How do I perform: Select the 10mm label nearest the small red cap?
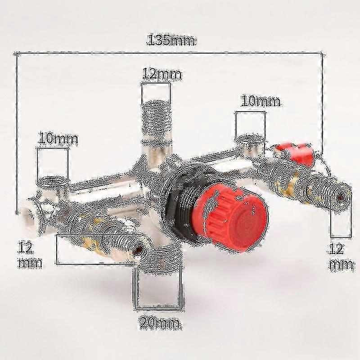click(x=261, y=101)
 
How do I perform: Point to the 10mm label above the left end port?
click(x=57, y=138)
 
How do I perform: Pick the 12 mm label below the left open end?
click(x=30, y=254)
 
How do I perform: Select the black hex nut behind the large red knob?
click(x=178, y=207)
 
